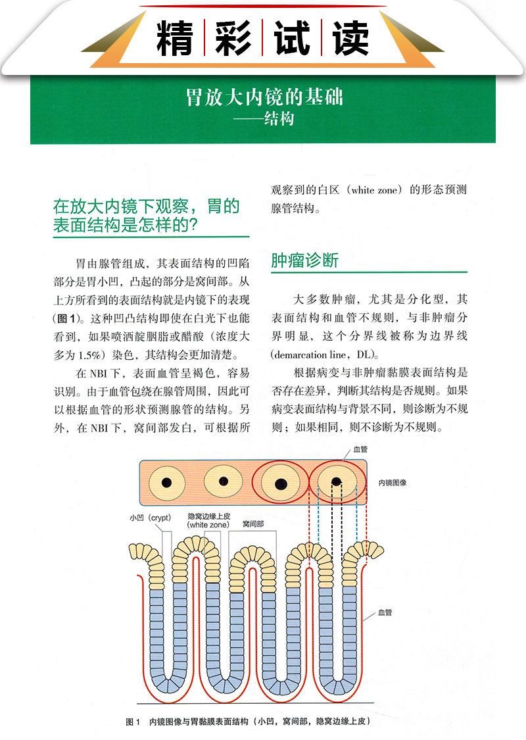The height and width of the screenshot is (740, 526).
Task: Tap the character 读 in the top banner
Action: point(350,38)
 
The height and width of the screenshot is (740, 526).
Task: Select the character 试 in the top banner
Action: point(291,38)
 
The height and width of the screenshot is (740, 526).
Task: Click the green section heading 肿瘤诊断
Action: point(304,260)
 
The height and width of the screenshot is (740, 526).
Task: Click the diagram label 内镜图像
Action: point(393,482)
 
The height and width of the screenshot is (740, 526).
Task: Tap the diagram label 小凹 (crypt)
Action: point(150,518)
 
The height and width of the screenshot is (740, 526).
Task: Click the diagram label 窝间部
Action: point(252,524)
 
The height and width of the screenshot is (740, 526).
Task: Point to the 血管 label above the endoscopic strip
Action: point(360,450)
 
